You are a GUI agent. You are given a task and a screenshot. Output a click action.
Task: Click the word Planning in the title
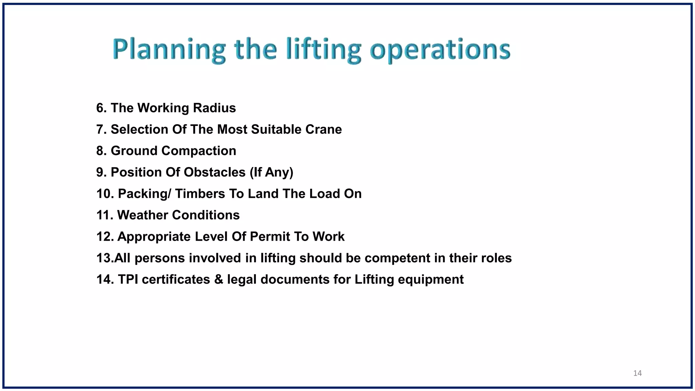tap(169, 50)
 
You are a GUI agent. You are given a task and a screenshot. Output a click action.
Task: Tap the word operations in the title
tap(440, 50)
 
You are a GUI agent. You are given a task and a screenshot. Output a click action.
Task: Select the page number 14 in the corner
tap(637, 373)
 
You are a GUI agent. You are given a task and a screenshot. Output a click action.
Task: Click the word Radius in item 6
tap(214, 108)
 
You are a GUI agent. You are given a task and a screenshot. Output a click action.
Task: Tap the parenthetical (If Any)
tap(271, 172)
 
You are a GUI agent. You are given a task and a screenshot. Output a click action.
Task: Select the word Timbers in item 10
tap(200, 194)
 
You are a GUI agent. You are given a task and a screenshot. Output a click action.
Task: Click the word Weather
tap(143, 215)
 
